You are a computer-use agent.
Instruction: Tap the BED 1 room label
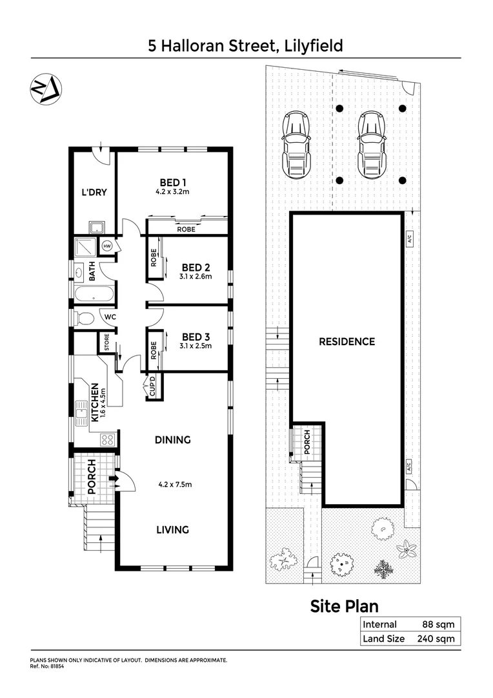click(x=171, y=182)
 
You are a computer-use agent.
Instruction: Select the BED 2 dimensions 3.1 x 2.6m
click(x=196, y=277)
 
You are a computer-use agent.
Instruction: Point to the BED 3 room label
click(x=196, y=337)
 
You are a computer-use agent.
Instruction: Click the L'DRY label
click(x=93, y=193)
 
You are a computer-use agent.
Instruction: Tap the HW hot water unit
click(x=106, y=246)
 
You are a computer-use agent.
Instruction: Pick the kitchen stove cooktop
click(x=107, y=440)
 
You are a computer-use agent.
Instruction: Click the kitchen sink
click(x=81, y=412)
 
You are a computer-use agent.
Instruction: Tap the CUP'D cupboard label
click(x=152, y=386)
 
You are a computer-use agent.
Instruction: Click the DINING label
click(x=172, y=440)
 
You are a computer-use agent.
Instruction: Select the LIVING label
click(x=172, y=530)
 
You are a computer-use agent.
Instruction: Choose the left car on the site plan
click(x=296, y=143)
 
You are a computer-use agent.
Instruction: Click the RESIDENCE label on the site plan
click(x=347, y=341)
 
